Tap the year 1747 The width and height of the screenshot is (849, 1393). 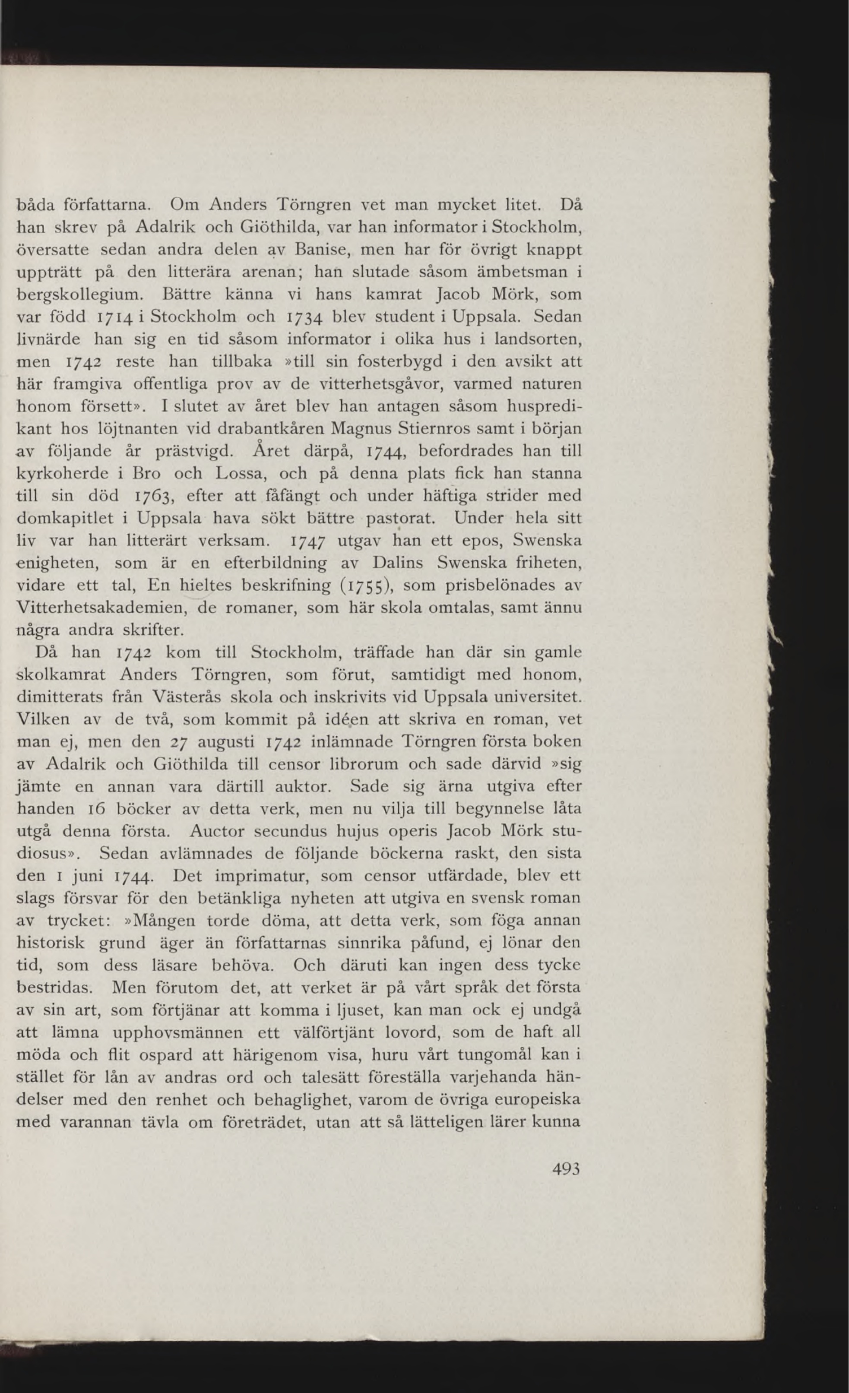[308, 541]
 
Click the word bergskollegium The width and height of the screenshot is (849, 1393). [84, 295]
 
